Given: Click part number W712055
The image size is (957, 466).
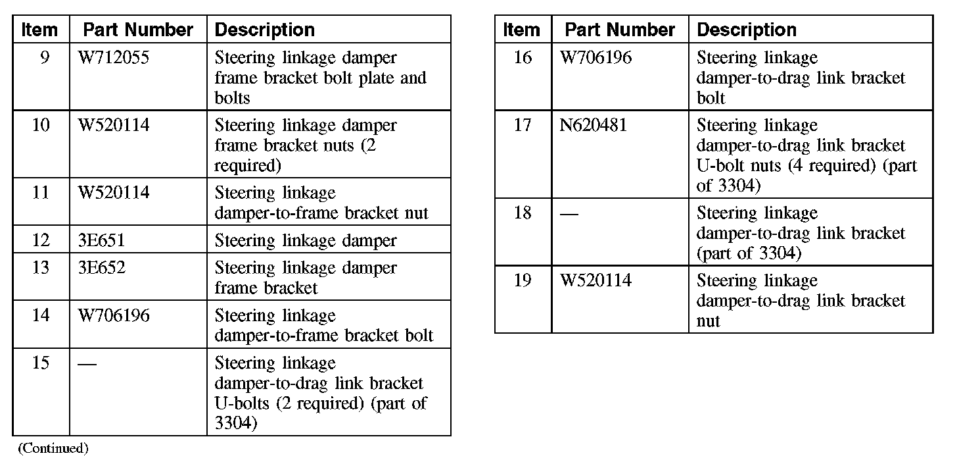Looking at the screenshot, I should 113,58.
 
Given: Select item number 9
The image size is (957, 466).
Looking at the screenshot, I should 44,58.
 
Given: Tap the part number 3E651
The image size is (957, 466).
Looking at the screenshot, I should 101,240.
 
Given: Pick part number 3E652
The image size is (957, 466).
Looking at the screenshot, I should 101,268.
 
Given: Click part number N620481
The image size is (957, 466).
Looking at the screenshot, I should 593,125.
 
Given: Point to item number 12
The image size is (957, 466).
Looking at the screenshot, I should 41,240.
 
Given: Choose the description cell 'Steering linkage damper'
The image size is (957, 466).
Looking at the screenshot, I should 306,240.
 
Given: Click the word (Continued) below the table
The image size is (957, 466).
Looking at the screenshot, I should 53,448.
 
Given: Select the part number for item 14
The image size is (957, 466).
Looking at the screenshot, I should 113,315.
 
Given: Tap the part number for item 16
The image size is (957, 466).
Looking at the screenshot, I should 595,58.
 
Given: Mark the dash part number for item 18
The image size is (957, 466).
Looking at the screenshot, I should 569,214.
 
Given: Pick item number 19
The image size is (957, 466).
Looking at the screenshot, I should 523,281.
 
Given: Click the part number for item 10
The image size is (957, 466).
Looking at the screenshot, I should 113,125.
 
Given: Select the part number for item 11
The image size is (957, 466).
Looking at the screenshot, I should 113,193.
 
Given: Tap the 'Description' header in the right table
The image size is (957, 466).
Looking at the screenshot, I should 747,30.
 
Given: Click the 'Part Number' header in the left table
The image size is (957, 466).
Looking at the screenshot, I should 138,30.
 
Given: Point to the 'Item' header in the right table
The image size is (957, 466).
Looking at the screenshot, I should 522,30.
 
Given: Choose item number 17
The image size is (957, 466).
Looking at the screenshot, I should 523,125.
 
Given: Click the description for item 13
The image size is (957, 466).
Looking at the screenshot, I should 306,278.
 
